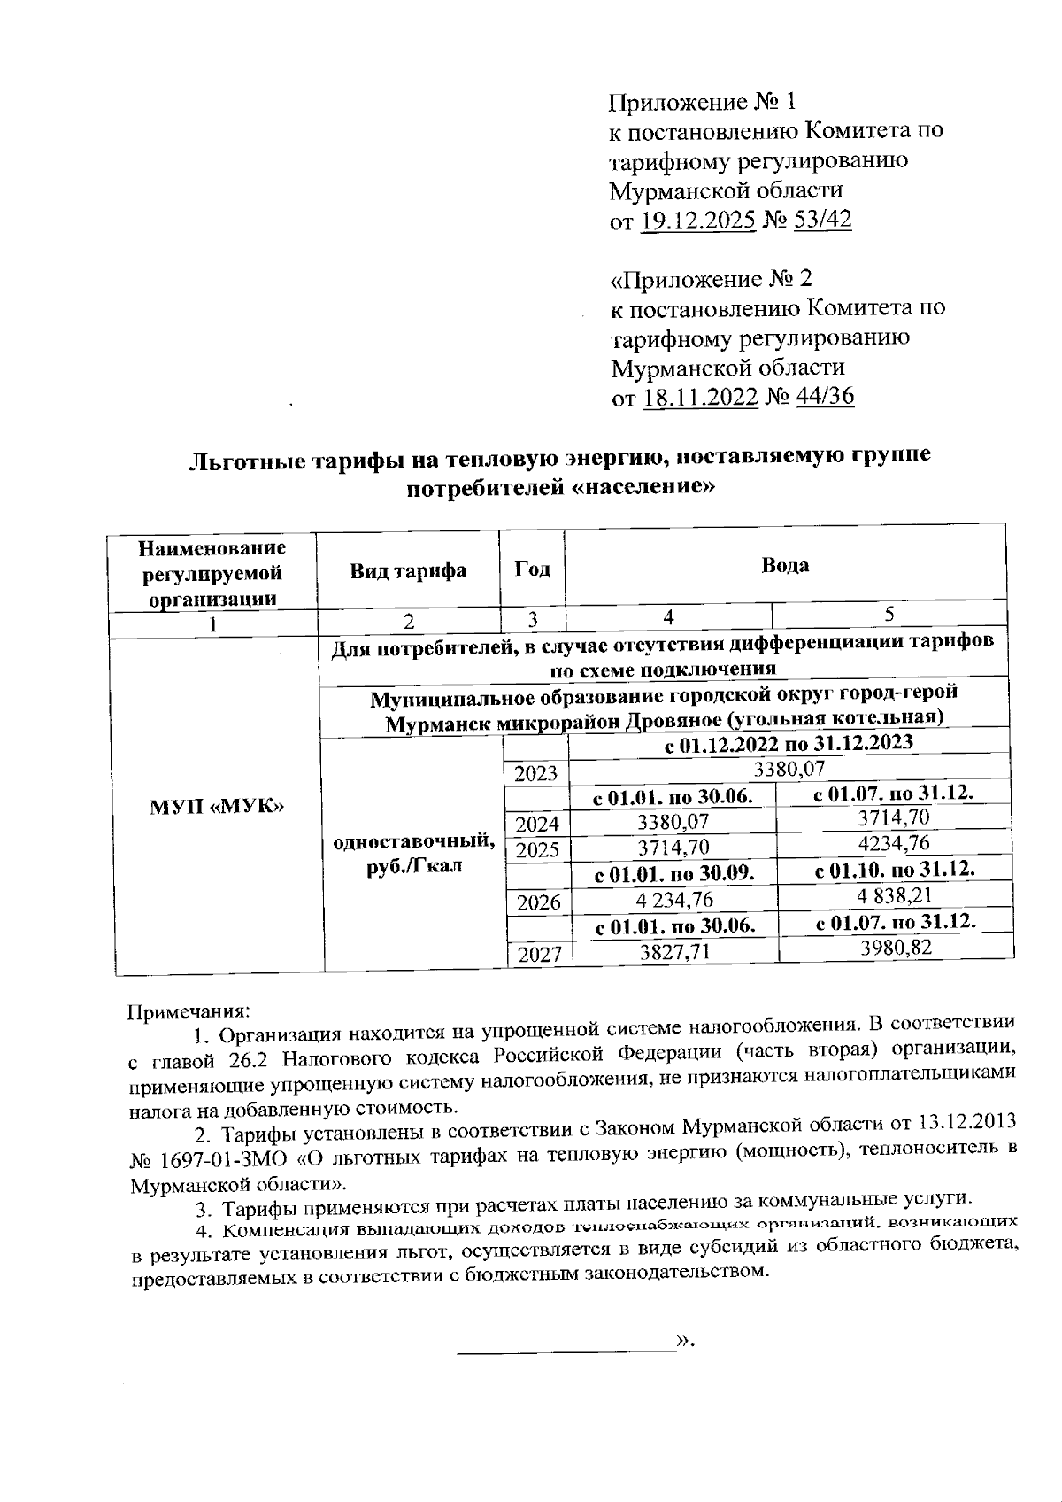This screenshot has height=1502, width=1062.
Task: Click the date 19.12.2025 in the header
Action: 696,220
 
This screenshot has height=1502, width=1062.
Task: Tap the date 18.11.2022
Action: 699,396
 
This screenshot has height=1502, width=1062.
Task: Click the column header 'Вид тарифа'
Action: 408,570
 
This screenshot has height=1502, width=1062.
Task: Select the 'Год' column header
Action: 533,569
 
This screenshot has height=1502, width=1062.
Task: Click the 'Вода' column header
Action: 785,566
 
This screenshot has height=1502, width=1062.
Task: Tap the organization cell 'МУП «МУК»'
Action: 218,807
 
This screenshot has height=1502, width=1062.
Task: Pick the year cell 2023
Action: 535,774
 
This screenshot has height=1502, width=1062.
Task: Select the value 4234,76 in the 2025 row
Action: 895,842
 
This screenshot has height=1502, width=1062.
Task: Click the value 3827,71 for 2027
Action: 673,952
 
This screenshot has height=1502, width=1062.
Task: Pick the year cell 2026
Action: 537,902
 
